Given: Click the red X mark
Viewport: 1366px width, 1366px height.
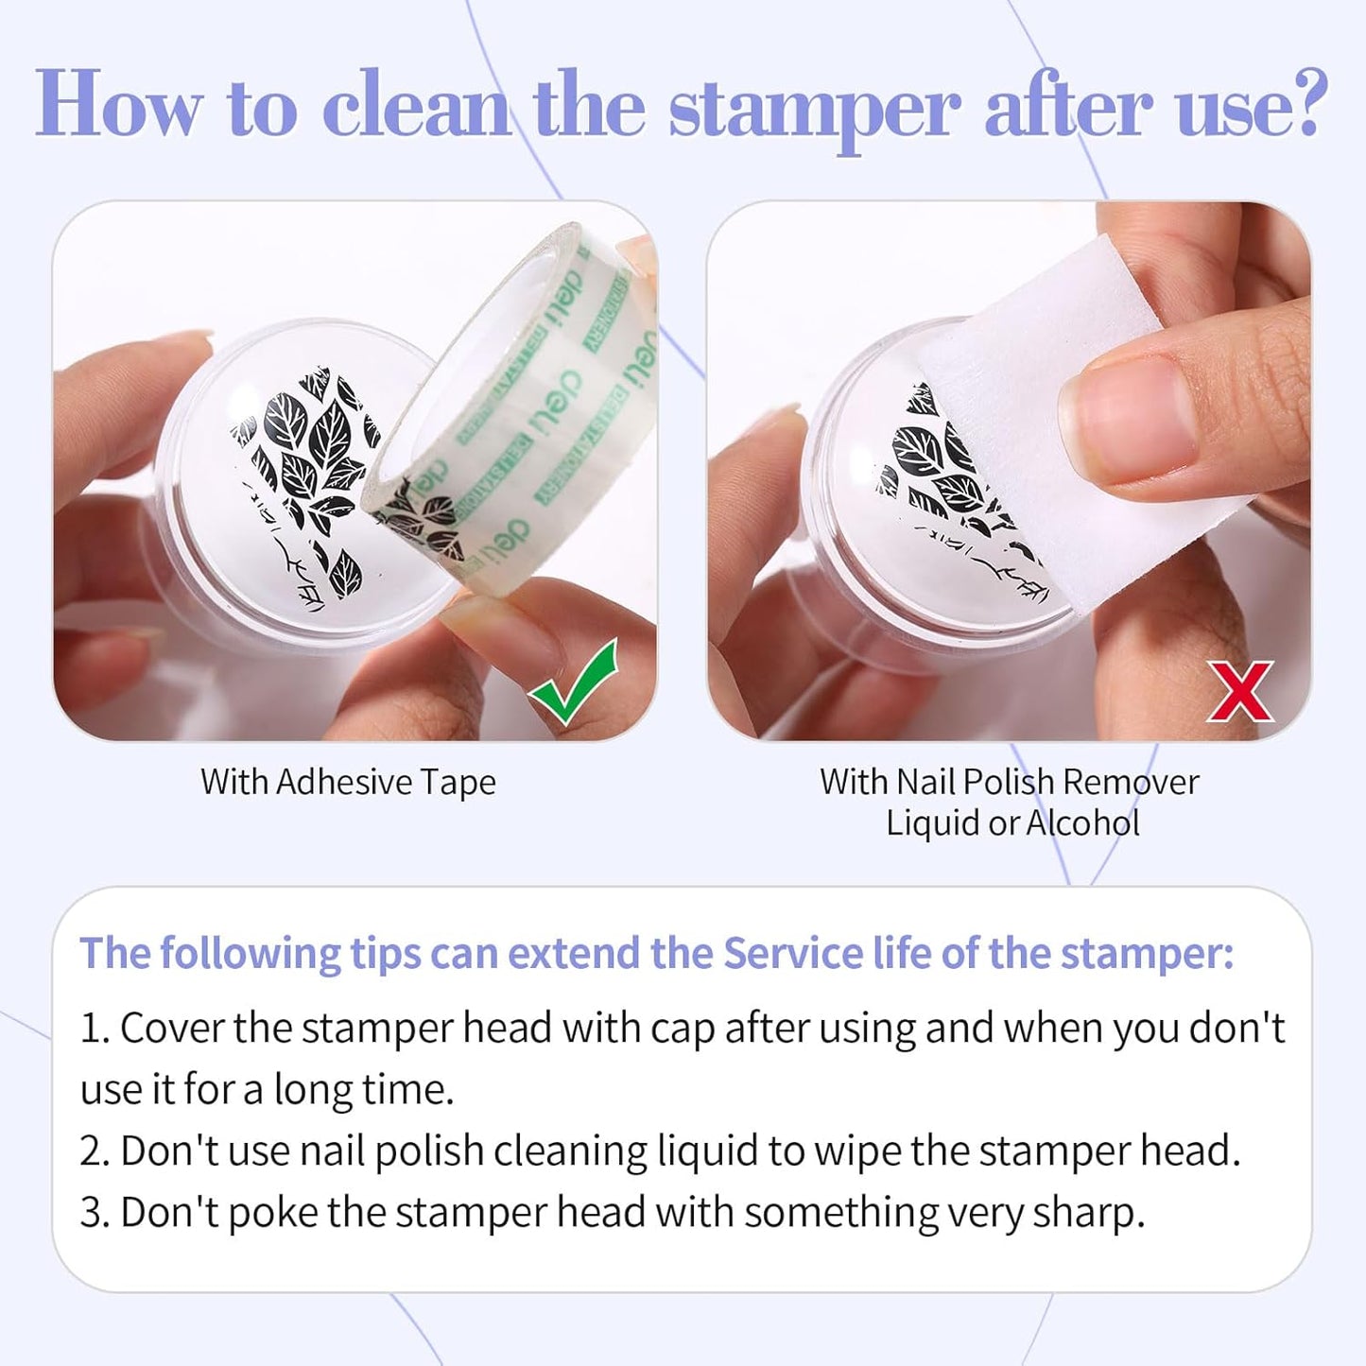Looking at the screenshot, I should point(1239,692).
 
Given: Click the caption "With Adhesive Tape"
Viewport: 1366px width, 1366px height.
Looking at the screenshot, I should point(348,783).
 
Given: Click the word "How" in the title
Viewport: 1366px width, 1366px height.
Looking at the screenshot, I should point(118,106).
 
